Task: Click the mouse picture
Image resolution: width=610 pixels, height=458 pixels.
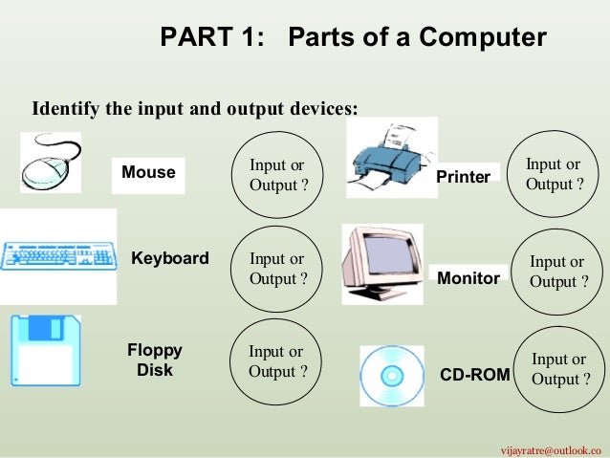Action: [x=50, y=163]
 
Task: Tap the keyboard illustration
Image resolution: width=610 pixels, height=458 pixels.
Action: [x=58, y=256]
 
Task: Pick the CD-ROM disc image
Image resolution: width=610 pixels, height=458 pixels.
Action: [x=391, y=376]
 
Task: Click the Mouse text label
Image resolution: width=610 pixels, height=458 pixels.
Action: [x=148, y=173]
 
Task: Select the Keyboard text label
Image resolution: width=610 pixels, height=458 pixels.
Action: [x=170, y=258]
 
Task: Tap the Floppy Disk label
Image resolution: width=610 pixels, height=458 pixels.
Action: [x=155, y=360]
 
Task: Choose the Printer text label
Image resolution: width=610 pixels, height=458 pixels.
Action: [x=463, y=177]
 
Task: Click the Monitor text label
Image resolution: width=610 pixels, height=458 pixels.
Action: [x=468, y=278]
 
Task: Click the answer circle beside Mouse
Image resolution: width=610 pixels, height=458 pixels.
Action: [x=278, y=174]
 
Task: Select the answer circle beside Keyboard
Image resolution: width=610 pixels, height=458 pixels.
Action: [x=278, y=269]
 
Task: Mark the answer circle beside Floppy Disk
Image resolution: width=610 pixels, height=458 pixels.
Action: [x=277, y=361]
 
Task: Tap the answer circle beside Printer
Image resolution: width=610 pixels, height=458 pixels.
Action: [x=554, y=174]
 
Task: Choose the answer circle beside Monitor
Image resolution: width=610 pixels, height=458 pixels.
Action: [x=557, y=272]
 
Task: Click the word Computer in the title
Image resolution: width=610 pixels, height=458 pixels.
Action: [x=487, y=37]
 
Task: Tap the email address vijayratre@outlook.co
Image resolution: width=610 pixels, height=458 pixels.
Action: [x=553, y=448]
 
